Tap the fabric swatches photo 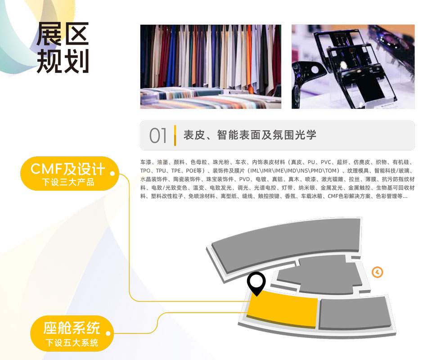(211, 67)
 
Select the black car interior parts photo (353, 67)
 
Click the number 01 (158, 135)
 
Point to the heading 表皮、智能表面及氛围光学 (250, 135)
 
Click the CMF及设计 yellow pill (69, 174)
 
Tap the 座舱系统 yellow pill (72, 333)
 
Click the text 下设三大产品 (68, 182)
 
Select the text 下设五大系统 (72, 342)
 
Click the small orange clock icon (377, 272)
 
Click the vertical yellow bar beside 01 (175, 135)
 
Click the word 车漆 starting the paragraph (146, 162)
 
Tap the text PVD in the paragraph (244, 179)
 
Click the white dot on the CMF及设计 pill (112, 173)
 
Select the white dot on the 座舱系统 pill (108, 333)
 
